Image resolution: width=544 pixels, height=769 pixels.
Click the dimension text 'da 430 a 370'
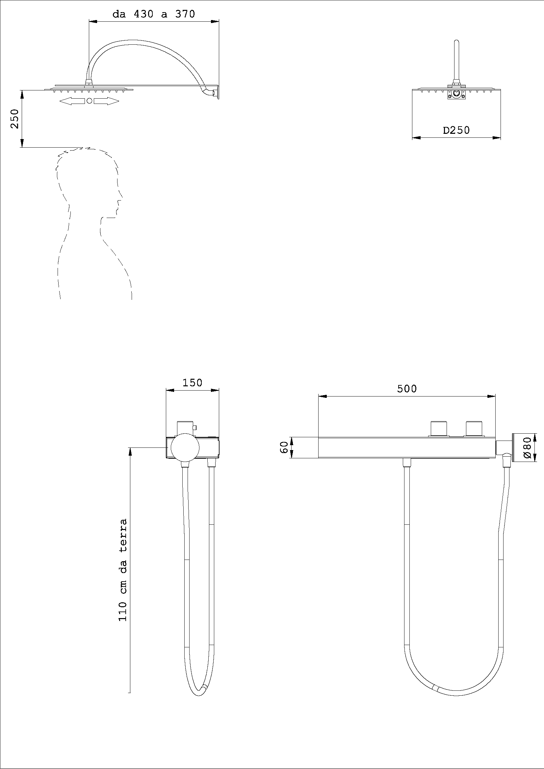153,14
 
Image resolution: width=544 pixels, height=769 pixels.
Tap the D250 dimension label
456,130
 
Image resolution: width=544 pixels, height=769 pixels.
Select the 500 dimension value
406,389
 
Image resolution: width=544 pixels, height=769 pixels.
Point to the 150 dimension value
193,382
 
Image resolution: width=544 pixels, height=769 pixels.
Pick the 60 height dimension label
284,447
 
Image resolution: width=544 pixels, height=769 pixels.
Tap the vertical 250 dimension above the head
14,119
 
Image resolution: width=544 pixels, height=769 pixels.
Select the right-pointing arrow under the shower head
106,101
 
